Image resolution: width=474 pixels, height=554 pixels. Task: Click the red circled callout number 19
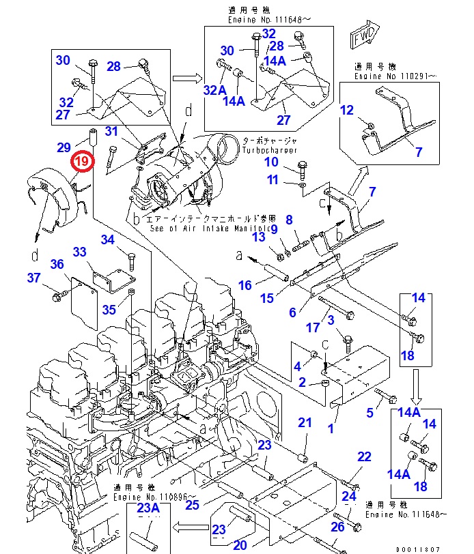81,162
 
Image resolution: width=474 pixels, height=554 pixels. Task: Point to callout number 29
64,147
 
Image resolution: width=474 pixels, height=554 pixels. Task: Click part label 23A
148,508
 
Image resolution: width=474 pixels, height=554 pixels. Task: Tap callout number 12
347,110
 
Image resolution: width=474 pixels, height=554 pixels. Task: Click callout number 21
304,424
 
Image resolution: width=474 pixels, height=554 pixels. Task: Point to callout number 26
337,527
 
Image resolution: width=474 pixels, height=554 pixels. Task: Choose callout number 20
240,544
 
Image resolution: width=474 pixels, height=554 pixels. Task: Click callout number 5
371,412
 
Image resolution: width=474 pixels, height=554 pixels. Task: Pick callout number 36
57,265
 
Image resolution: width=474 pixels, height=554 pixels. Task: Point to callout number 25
192,505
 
